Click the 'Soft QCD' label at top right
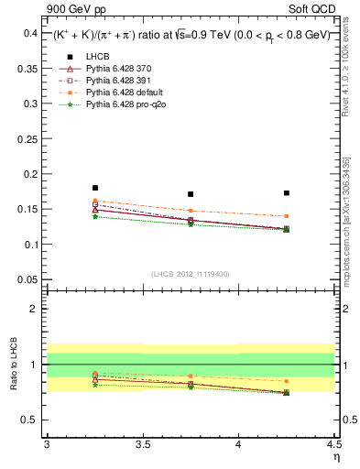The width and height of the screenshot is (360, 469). point(313,10)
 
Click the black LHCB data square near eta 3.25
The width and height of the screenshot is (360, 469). point(95,188)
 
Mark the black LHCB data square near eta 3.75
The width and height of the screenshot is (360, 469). point(191,194)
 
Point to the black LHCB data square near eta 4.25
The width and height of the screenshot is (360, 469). point(287,193)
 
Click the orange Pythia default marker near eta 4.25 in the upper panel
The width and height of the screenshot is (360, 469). point(287,216)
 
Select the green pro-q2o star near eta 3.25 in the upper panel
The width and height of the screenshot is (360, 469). point(95,216)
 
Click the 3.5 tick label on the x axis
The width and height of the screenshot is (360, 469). point(143,444)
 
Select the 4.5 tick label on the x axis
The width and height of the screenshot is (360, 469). point(333,444)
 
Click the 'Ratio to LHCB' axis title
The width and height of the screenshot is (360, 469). point(12,366)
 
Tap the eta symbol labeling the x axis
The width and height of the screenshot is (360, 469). point(336,456)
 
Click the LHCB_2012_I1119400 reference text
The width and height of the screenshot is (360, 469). point(191,274)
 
